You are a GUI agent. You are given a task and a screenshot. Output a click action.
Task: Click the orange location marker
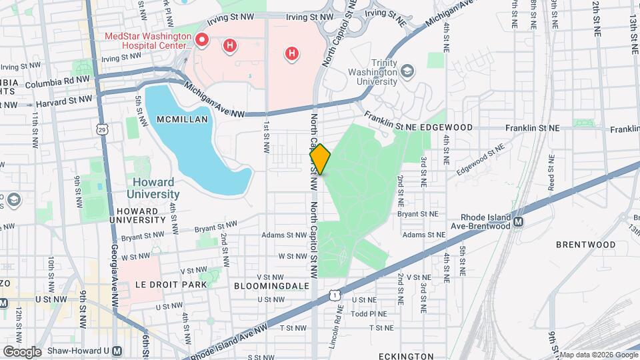(320, 159)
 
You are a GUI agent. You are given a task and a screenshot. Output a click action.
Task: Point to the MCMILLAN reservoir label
(183, 119)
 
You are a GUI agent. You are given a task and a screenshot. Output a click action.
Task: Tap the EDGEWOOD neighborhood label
(448, 127)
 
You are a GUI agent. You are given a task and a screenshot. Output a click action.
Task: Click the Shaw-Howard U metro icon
(117, 351)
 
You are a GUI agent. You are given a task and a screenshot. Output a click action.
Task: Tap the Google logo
(21, 352)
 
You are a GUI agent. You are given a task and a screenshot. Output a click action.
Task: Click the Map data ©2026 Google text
(598, 355)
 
